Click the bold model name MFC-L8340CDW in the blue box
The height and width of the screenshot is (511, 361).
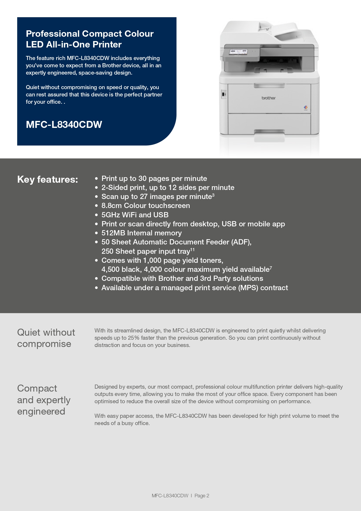64,124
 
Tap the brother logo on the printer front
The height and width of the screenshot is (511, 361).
268,98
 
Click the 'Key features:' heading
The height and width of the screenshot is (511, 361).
47,179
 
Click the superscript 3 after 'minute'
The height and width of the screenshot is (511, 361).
213,195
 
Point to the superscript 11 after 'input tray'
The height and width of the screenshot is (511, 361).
192,250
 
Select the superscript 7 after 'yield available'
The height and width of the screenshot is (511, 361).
271,268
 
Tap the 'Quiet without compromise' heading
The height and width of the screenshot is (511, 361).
46,338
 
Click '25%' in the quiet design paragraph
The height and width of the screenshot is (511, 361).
134,338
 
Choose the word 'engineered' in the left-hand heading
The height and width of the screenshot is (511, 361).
41,411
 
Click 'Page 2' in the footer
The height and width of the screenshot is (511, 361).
202,496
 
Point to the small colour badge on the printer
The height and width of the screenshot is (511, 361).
305,108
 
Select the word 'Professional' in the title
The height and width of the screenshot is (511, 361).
53,34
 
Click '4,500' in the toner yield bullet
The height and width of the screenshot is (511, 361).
110,269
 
